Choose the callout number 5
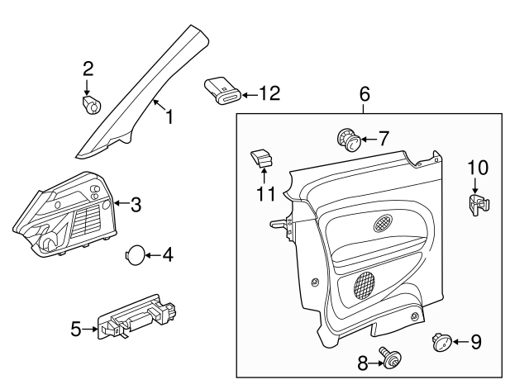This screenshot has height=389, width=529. [76, 330]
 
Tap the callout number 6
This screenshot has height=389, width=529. [364, 95]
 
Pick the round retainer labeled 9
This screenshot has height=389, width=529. [441, 340]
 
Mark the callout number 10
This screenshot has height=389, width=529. [477, 168]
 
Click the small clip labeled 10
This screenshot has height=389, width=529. [476, 204]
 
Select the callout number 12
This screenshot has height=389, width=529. [269, 94]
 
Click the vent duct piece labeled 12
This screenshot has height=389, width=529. [222, 90]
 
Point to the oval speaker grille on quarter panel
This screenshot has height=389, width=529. [384, 222]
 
